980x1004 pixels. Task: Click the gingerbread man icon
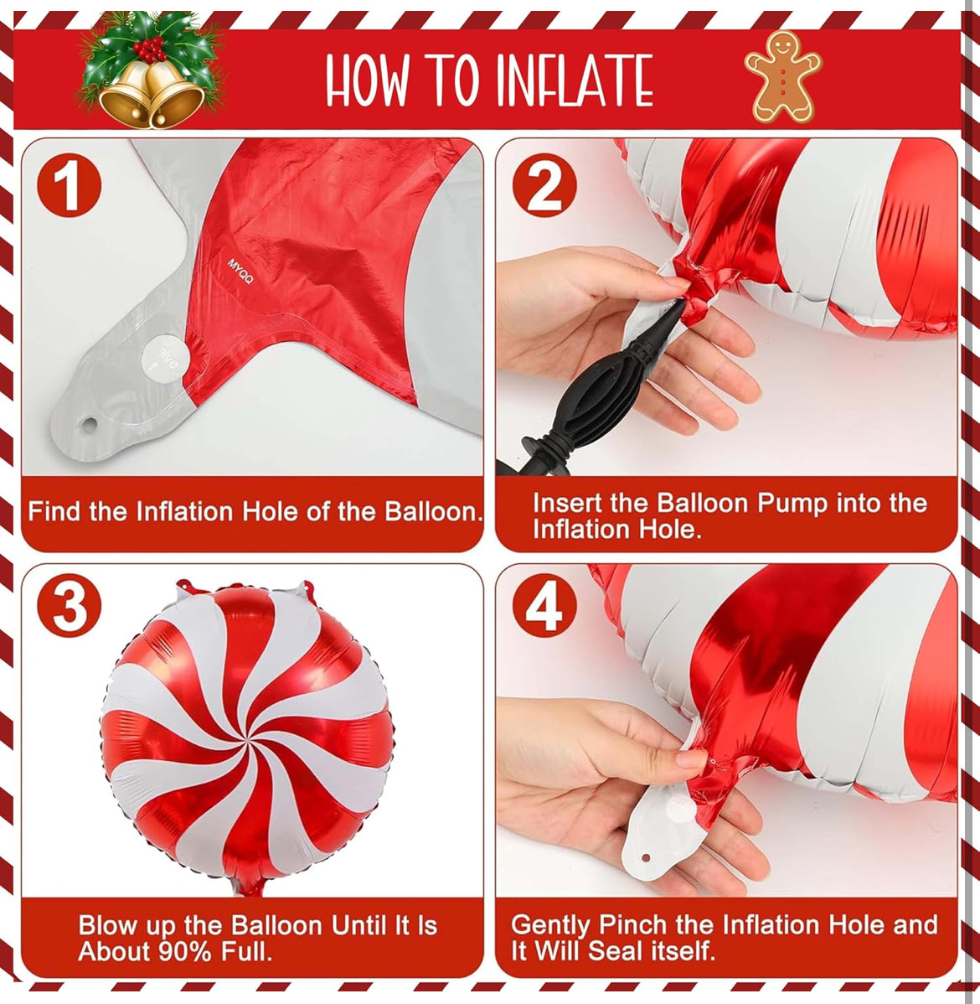(x=782, y=76)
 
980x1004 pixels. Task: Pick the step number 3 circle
(x=70, y=608)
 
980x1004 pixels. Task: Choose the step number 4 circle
(x=544, y=608)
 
